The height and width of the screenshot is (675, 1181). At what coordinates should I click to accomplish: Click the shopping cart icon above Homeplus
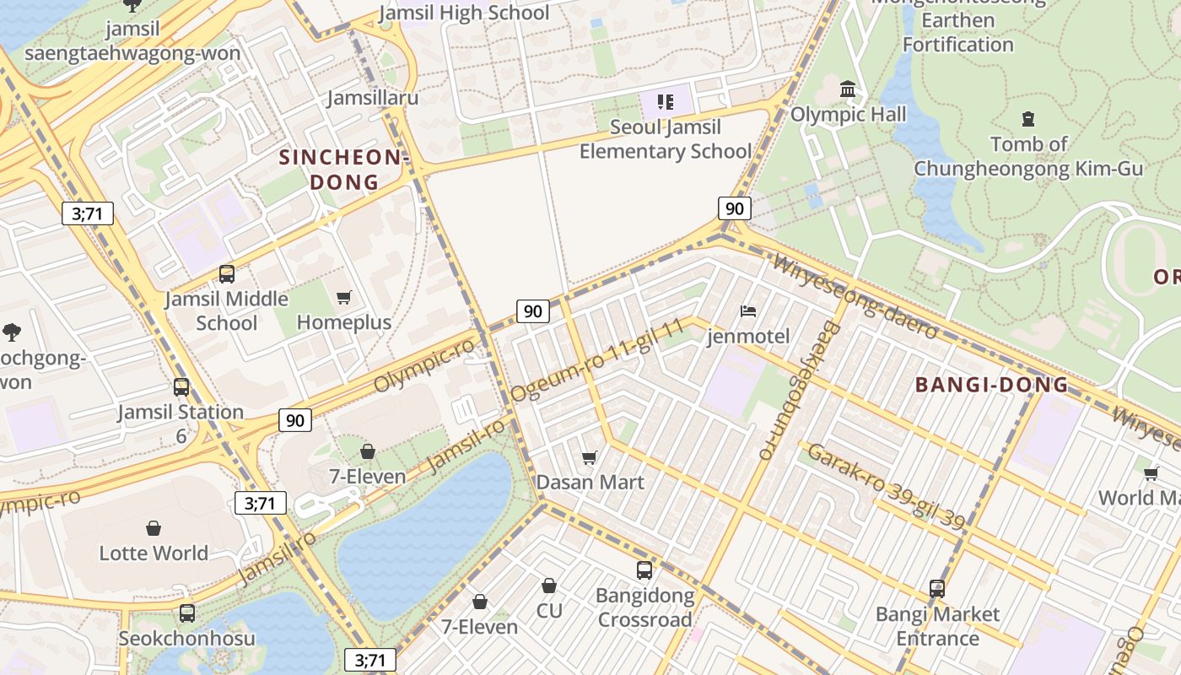click(x=343, y=297)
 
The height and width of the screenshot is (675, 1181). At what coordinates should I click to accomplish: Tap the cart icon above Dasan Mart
click(x=590, y=457)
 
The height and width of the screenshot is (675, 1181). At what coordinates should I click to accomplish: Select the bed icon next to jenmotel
click(x=748, y=311)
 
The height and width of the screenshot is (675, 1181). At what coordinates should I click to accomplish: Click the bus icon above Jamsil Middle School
click(x=227, y=273)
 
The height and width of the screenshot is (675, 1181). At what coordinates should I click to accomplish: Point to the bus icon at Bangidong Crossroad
click(x=644, y=570)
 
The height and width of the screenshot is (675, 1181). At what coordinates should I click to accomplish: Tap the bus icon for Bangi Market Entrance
click(x=937, y=588)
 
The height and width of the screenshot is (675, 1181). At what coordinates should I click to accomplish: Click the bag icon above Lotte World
click(x=154, y=528)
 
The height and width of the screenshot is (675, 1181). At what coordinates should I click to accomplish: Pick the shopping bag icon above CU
click(x=549, y=585)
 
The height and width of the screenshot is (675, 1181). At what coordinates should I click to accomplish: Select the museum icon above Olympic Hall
click(x=849, y=89)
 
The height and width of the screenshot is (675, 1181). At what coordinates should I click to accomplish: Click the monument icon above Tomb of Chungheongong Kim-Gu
click(x=1028, y=119)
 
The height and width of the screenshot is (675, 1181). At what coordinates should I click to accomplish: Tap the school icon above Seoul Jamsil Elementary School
click(x=666, y=102)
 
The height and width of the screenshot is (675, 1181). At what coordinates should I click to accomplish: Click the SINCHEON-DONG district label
click(x=344, y=170)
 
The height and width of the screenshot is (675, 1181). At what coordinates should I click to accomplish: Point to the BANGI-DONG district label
click(x=992, y=386)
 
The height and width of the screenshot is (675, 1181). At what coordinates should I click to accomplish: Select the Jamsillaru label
click(x=373, y=98)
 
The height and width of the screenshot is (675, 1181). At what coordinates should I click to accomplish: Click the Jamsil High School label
click(x=464, y=13)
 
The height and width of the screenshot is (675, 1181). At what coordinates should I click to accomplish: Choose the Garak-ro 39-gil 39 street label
click(x=886, y=487)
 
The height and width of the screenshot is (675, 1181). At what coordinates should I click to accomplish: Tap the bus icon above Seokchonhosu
click(x=187, y=613)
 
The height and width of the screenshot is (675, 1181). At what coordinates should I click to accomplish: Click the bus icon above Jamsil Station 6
click(x=181, y=387)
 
